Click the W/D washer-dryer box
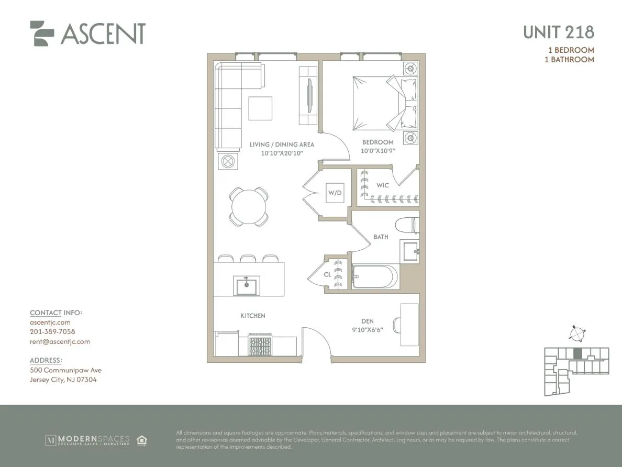[335, 193]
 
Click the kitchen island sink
[245, 286]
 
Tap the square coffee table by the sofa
[260, 108]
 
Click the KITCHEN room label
[253, 316]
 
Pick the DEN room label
[368, 321]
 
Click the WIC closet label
[383, 185]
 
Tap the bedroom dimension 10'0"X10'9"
[378, 151]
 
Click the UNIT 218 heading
[558, 32]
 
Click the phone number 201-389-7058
[52, 332]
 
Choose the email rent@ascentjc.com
[60, 341]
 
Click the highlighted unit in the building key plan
[577, 353]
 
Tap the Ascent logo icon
[42, 33]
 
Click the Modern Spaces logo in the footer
[87, 440]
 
